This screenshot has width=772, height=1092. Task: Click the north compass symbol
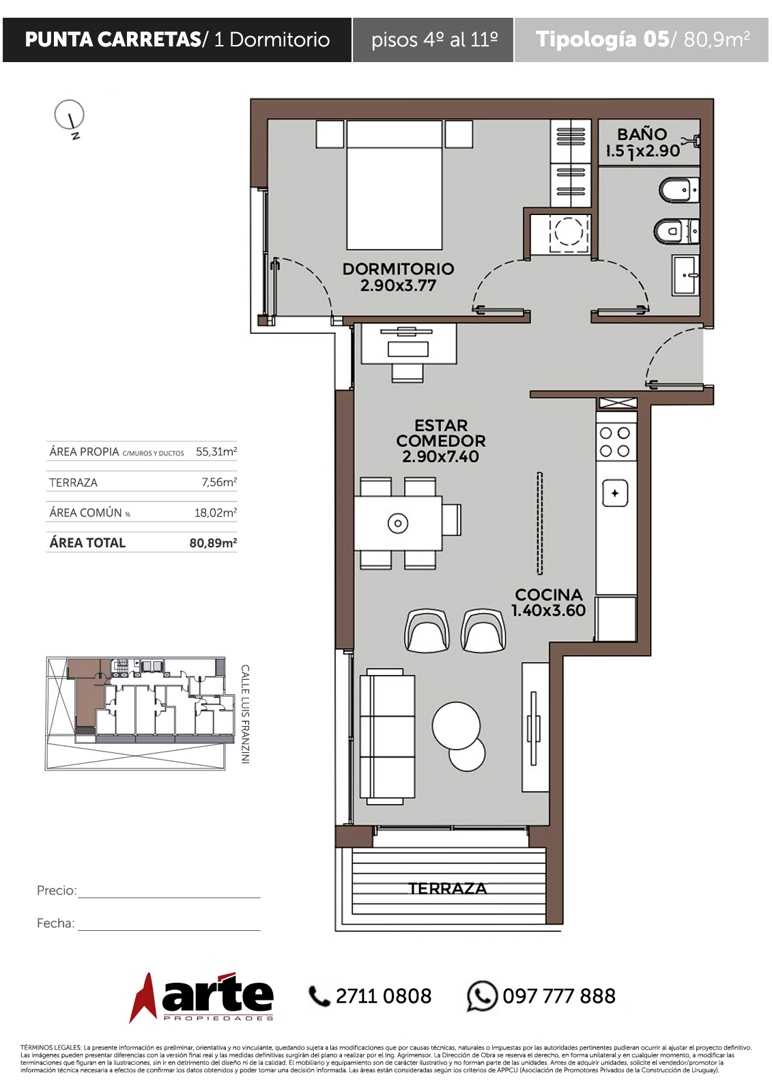tap(69, 117)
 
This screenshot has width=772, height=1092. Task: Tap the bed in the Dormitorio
tap(394, 185)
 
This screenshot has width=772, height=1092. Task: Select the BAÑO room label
tap(642, 134)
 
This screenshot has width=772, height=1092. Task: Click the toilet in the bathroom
tap(678, 231)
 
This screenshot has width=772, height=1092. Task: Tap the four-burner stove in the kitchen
tap(616, 442)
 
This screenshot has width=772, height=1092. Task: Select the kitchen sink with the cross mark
tap(615, 493)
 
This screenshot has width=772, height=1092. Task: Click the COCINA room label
tap(549, 594)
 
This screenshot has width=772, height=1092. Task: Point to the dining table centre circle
tap(398, 523)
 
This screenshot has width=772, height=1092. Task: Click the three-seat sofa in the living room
tap(387, 736)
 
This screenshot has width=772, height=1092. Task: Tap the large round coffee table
tap(456, 725)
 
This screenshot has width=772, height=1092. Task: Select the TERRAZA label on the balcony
tap(447, 888)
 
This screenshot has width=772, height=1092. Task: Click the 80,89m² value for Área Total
tap(213, 543)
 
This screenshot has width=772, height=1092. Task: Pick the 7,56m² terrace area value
tap(219, 482)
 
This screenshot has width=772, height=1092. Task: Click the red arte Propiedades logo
tap(201, 997)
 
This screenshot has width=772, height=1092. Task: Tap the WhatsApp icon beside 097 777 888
tap(482, 996)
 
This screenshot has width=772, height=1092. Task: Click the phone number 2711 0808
tap(384, 996)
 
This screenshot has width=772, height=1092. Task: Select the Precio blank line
tap(169, 897)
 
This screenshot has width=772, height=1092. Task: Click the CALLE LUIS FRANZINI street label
tap(245, 714)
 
